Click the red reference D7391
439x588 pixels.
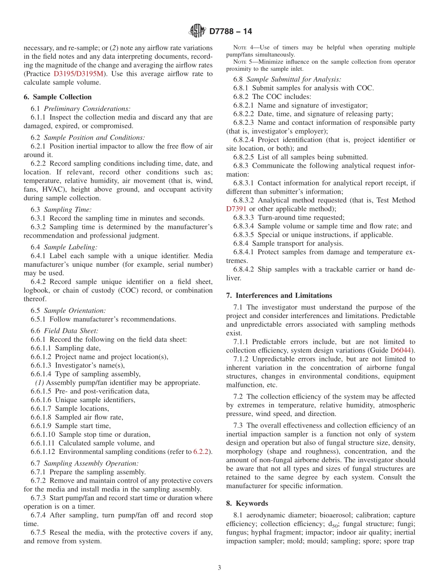(x=237, y=209)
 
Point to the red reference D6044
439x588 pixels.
(x=402, y=350)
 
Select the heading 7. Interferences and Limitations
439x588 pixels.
(x=279, y=295)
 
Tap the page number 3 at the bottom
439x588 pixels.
(x=219, y=568)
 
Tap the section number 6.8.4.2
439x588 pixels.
(x=245, y=269)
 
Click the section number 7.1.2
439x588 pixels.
(x=242, y=359)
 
